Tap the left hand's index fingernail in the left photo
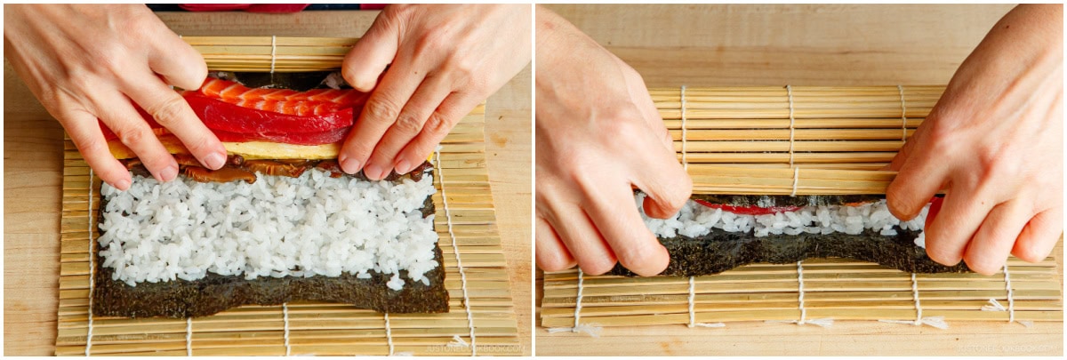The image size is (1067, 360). point(214,159)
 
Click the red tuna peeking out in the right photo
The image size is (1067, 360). point(747,208)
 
